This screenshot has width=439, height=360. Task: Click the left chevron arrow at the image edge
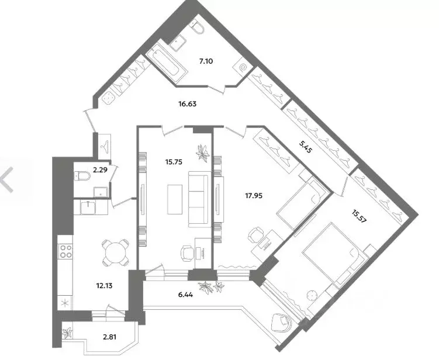[x=7, y=179]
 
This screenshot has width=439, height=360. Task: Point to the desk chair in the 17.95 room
[x=255, y=235]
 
